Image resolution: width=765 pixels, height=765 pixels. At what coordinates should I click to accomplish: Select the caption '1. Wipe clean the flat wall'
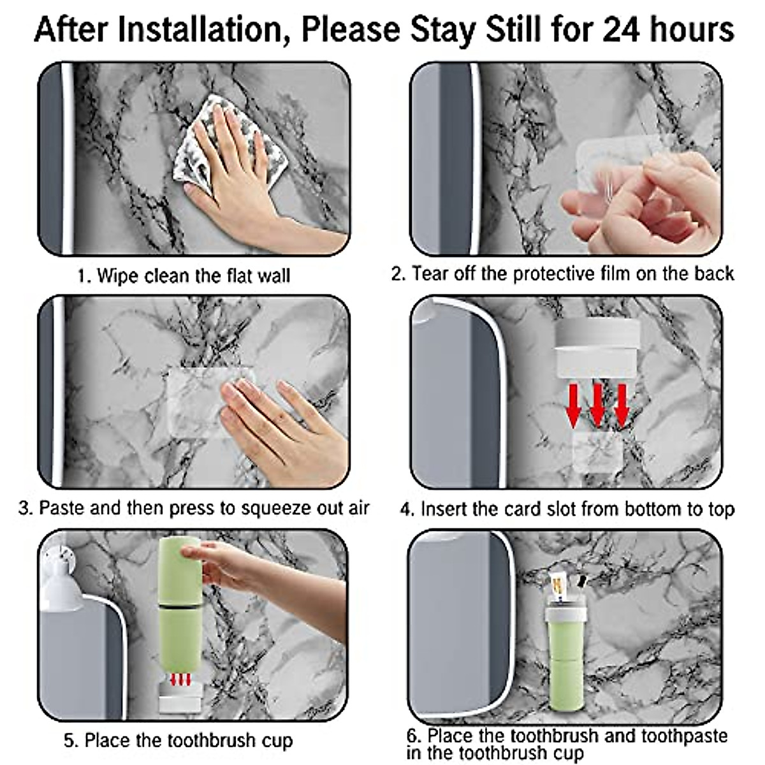tap(184, 275)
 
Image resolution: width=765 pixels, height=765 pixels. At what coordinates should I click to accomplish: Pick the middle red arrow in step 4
tap(597, 405)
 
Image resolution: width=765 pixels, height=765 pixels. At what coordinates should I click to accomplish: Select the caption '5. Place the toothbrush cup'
tap(178, 740)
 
